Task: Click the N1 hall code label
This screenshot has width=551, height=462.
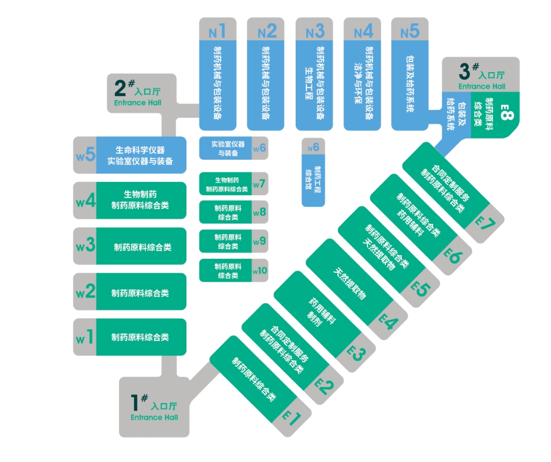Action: coord(217,31)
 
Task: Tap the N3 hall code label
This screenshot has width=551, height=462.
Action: coord(314,31)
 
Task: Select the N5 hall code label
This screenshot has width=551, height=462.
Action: coord(410,31)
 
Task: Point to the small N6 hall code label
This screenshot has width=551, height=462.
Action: coord(313,147)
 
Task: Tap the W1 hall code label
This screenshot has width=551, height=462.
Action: coord(85,337)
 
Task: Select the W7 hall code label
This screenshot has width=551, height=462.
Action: coord(259,184)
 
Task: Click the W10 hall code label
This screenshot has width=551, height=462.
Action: coord(260,271)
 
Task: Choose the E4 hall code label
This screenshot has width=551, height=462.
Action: coord(388,320)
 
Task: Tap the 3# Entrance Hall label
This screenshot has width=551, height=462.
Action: coord(481,76)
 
